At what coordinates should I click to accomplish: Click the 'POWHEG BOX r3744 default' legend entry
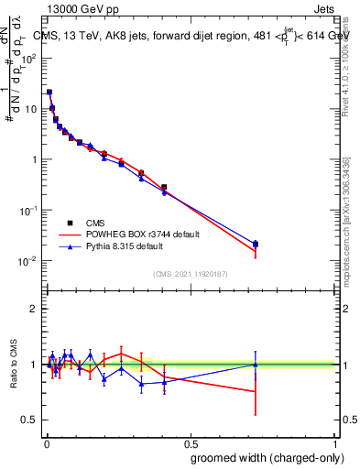click(x=133, y=234)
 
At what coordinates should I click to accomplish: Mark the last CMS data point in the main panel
click(x=256, y=244)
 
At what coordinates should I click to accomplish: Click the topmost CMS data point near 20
click(x=49, y=93)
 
